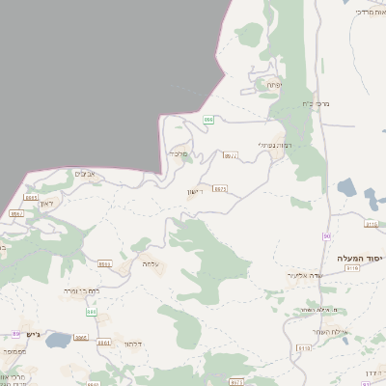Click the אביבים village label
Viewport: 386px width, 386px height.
[83, 174]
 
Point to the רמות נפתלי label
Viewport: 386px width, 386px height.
[275, 145]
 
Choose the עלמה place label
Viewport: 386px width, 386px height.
[150, 262]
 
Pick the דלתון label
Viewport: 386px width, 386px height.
[133, 342]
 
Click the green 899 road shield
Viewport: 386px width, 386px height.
[207, 119]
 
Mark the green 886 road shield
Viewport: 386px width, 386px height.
[92, 312]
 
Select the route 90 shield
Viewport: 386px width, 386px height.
[327, 236]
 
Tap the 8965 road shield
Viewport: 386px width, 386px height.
[30, 197]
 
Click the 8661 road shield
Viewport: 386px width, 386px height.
[103, 343]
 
